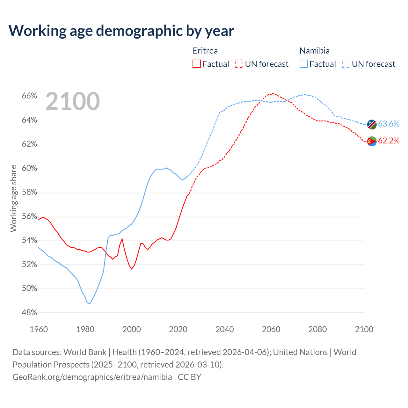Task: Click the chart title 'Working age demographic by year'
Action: point(121,31)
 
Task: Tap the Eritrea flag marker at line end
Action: point(372,141)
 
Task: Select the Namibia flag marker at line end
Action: point(372,124)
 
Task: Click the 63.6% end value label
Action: point(389,124)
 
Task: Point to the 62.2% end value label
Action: point(389,141)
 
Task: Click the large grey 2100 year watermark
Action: point(73,101)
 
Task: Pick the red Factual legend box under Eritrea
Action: point(197,64)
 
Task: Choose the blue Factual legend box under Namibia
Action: point(304,64)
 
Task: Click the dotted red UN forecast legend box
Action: point(239,64)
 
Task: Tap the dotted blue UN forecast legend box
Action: point(346,64)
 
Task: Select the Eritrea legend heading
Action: point(205,51)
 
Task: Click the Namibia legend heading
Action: point(315,51)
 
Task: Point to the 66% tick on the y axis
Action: point(29,96)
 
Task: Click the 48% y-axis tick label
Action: point(29,313)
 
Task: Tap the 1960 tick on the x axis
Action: point(39,329)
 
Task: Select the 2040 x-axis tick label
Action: point(225,329)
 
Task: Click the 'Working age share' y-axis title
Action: point(13,198)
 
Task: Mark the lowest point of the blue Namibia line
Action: point(90,304)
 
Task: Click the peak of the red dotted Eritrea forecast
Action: point(273,93)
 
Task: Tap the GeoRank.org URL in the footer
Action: point(92,377)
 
